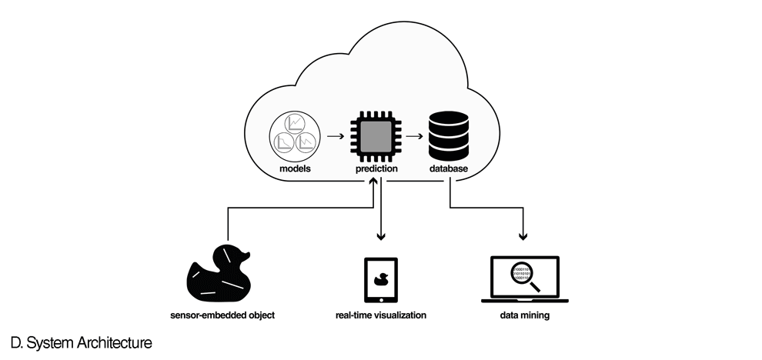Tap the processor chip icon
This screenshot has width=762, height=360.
pos(376,136)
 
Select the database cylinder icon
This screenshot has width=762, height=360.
pos(449,135)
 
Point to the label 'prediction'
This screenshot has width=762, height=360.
pos(376,168)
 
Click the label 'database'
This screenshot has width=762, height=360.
pos(449,168)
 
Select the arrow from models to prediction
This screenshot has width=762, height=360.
pos(334,137)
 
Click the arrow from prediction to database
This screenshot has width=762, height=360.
pos(413,137)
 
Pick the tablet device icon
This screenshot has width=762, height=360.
pos(380,281)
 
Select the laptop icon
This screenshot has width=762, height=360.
pos(524,281)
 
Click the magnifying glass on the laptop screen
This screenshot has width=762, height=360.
pos(523,275)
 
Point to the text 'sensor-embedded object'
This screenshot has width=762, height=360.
pos(222,315)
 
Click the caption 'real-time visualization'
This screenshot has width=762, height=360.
pos(380,315)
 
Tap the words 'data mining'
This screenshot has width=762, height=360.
pos(524,315)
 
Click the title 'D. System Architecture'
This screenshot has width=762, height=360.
pos(81,342)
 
